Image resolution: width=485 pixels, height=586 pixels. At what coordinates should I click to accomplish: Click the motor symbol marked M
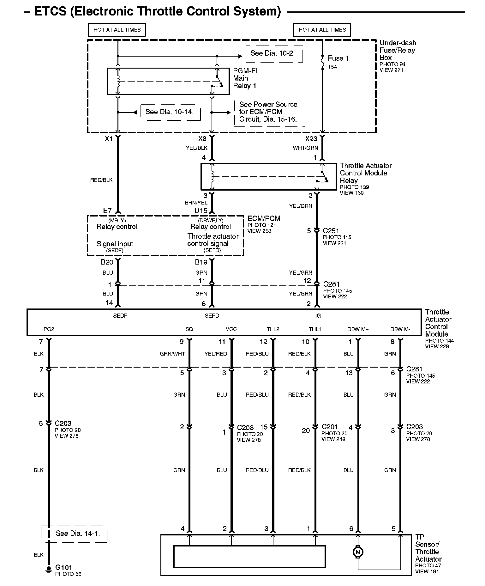(x=358, y=552)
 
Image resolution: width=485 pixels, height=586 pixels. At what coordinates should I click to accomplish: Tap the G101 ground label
(x=63, y=567)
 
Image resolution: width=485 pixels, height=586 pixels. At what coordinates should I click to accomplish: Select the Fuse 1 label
(x=338, y=58)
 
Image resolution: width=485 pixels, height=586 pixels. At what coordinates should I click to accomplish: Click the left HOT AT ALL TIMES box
(x=117, y=30)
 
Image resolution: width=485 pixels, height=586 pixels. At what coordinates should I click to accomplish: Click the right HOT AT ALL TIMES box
(x=322, y=30)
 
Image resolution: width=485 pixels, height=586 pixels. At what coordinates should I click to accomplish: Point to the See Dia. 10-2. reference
(x=272, y=53)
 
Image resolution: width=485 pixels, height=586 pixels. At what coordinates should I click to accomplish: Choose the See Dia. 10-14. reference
(x=170, y=112)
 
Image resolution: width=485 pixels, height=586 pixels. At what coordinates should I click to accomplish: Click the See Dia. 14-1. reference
(x=78, y=534)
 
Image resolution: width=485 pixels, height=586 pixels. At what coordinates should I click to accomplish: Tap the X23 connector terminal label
(x=311, y=139)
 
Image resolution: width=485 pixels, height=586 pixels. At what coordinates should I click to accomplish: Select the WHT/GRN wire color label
(x=305, y=148)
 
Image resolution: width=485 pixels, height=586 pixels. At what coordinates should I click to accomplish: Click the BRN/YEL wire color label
(x=196, y=203)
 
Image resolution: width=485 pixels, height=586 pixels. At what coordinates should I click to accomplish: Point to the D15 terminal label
(x=201, y=211)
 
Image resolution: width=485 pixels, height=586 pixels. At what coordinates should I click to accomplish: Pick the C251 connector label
(x=331, y=231)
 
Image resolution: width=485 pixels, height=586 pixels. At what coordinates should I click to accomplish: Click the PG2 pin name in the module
(x=49, y=329)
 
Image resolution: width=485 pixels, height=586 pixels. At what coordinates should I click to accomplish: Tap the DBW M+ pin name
(x=358, y=329)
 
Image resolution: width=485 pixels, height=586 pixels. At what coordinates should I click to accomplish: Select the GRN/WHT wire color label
(x=172, y=354)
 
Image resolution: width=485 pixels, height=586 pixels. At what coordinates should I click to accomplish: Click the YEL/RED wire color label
(x=216, y=354)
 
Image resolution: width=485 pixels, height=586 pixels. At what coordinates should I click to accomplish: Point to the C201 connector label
(x=330, y=427)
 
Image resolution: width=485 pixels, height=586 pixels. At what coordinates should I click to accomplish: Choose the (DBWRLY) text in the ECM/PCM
(x=211, y=220)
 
